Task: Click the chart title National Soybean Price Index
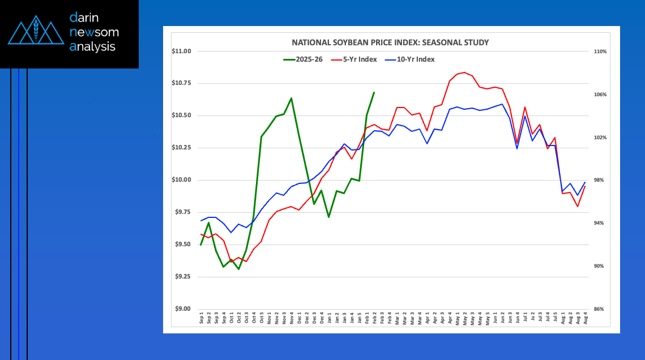point(390,42)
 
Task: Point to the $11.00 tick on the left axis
point(182,52)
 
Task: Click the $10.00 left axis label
point(182,180)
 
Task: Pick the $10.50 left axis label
point(182,115)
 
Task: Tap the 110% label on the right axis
point(600,52)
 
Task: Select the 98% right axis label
point(600,180)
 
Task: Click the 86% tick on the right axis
point(600,309)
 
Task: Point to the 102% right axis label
point(600,138)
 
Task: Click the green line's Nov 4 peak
point(291,98)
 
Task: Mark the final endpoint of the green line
point(374,92)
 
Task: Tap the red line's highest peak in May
point(464,72)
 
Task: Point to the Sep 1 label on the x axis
point(202,317)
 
